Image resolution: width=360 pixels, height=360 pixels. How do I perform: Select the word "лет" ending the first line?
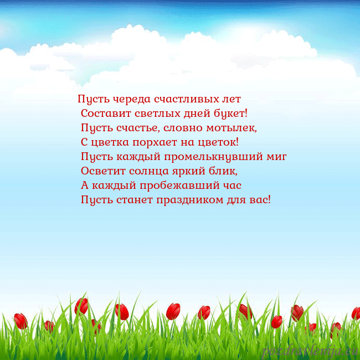pyautogui.click(x=232, y=100)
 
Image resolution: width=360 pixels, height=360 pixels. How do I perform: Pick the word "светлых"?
pyautogui.click(x=156, y=114)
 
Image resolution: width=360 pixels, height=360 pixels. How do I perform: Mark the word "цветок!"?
pyautogui.click(x=218, y=142)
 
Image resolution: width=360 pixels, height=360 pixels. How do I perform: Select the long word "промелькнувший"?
pyautogui.click(x=213, y=157)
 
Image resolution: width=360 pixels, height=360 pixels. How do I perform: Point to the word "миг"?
pyautogui.click(x=276, y=157)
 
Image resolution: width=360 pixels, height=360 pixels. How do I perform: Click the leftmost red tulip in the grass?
pyautogui.click(x=21, y=320)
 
